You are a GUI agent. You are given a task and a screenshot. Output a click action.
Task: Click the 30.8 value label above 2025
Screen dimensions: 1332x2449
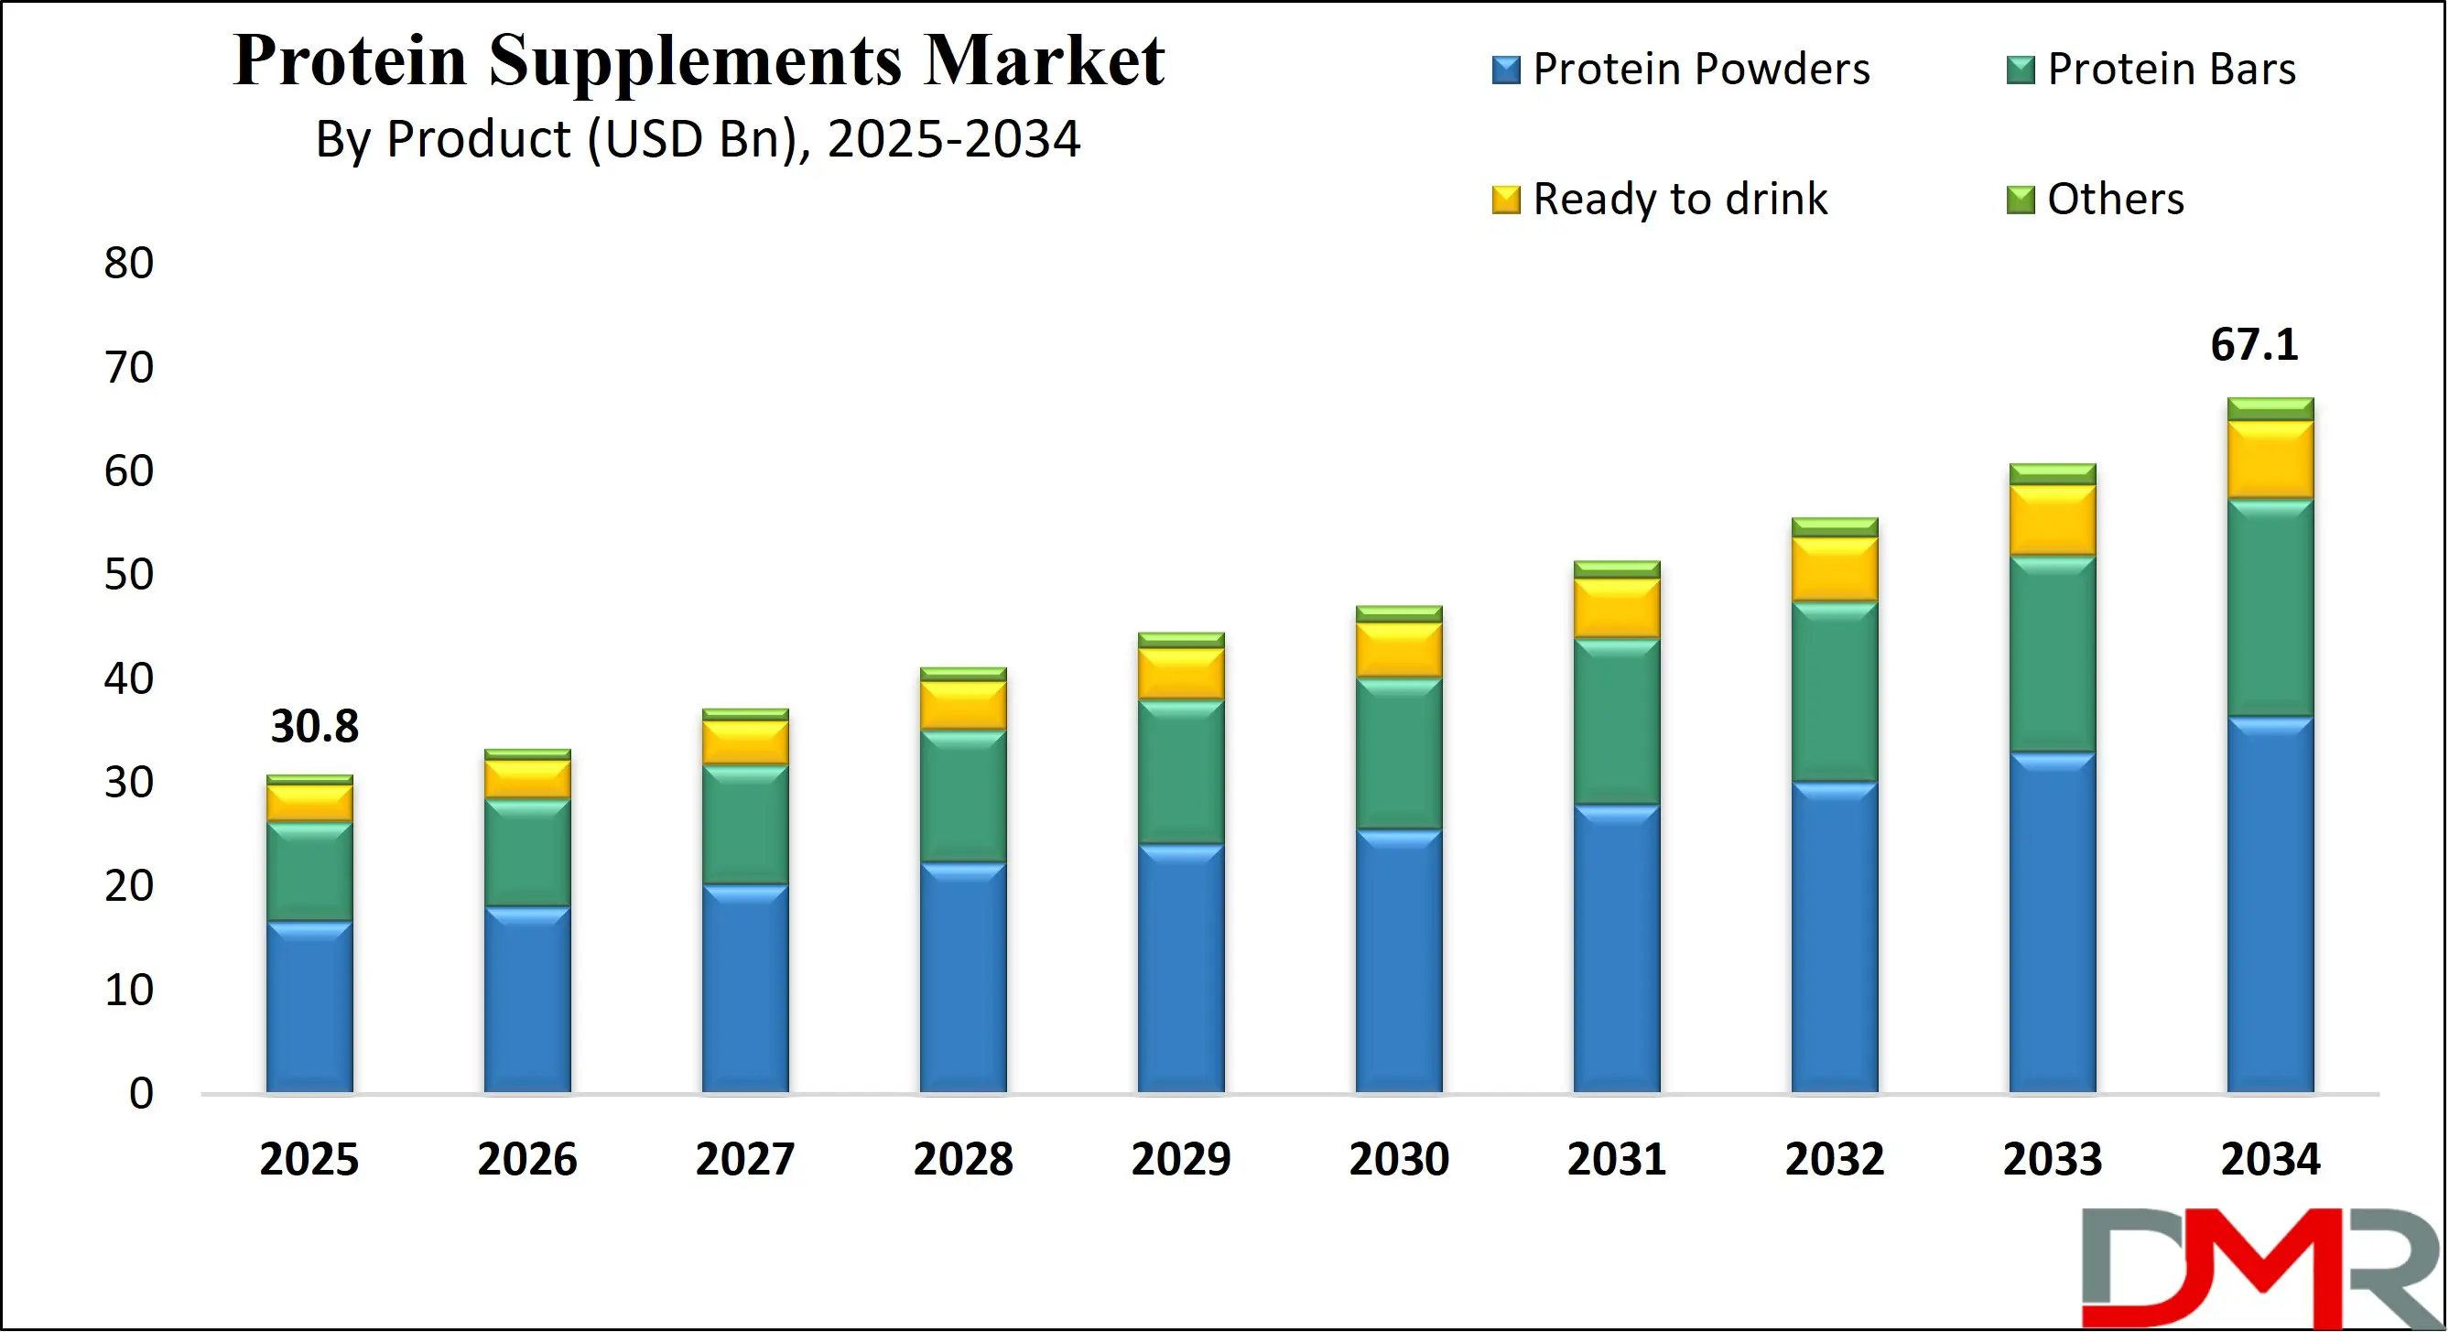pyautogui.click(x=315, y=727)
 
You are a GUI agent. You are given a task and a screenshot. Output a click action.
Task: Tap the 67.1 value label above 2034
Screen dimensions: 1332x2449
pyautogui.click(x=2254, y=345)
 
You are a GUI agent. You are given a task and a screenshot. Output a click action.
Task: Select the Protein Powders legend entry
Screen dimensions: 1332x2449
pyautogui.click(x=1681, y=70)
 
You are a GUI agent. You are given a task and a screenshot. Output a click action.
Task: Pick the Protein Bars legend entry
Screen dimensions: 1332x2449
pyautogui.click(x=2151, y=70)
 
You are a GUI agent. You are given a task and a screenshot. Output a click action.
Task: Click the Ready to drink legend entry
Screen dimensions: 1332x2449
pyautogui.click(x=1660, y=200)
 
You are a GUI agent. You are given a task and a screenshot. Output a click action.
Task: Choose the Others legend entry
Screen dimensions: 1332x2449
pyautogui.click(x=2097, y=200)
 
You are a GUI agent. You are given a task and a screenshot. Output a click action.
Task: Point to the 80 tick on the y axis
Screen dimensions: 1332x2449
pyautogui.click(x=128, y=264)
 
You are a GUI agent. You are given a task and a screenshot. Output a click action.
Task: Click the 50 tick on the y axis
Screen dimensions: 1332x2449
pyautogui.click(x=128, y=575)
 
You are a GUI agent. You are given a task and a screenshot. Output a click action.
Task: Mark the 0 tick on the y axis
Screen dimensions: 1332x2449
pyautogui.click(x=141, y=1094)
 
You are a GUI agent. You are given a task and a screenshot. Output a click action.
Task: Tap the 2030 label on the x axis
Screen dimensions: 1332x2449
pyautogui.click(x=1399, y=1160)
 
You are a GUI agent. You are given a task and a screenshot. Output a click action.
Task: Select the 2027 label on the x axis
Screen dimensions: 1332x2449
pyautogui.click(x=744, y=1160)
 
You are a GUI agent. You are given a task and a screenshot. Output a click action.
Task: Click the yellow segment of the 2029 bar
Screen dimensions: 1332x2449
pyautogui.click(x=1181, y=675)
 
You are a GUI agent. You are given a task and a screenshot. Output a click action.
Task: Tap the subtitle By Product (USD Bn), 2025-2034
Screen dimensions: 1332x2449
pyautogui.click(x=697, y=140)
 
